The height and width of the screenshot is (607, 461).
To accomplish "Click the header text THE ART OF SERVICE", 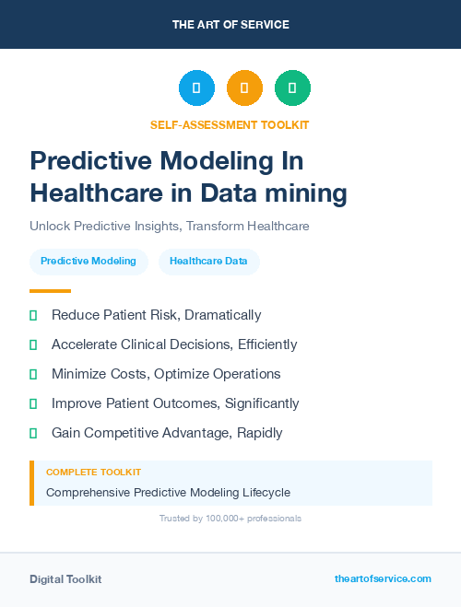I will [230, 25].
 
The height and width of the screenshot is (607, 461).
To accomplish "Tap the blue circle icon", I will [196, 88].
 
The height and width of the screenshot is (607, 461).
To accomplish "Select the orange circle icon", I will [244, 88].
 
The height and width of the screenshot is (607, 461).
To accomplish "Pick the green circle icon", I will [292, 88].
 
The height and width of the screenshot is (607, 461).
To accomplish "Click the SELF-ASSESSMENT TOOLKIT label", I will [230, 124].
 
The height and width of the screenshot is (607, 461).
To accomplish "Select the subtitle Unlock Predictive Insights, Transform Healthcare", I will [169, 226].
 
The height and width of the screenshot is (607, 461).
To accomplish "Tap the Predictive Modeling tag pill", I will [89, 262].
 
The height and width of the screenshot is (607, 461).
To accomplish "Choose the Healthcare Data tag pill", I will [208, 262].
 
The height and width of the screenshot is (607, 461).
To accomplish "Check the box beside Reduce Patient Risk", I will [33, 316].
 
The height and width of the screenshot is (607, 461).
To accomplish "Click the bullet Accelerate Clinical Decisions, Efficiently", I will [174, 344].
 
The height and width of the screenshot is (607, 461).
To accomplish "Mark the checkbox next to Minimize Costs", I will [33, 375].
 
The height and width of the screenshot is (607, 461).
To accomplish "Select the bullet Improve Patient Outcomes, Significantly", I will [175, 403].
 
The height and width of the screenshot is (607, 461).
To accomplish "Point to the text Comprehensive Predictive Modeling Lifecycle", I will [168, 492].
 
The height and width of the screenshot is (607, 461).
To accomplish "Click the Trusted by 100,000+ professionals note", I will [230, 519].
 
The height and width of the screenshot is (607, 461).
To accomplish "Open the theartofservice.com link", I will [383, 578].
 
